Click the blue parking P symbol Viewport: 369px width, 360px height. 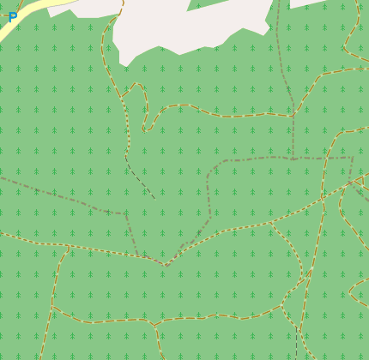[13, 16]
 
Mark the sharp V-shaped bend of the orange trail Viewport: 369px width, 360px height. [166, 265]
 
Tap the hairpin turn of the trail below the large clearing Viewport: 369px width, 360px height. [146, 129]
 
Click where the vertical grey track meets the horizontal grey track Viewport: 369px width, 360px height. [293, 159]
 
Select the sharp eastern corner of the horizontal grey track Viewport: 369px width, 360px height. [352, 158]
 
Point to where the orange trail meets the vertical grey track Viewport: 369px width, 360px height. [294, 112]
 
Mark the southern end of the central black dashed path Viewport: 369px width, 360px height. [154, 198]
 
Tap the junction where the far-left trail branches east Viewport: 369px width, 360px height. [52, 307]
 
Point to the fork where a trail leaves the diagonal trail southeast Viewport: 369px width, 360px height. [271, 224]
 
